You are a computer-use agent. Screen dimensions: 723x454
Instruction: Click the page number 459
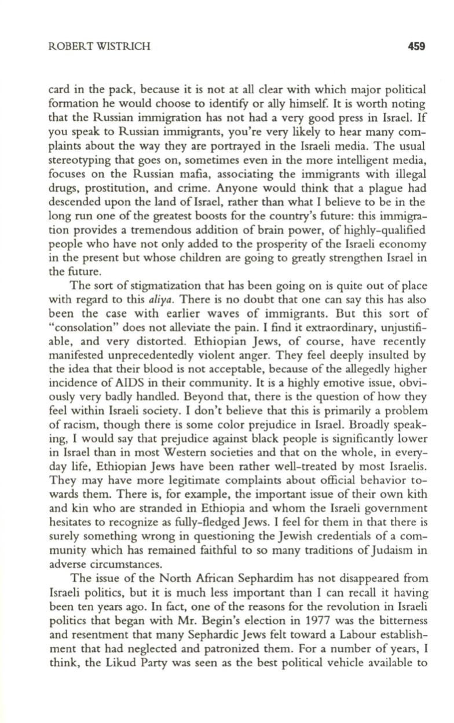417,47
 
